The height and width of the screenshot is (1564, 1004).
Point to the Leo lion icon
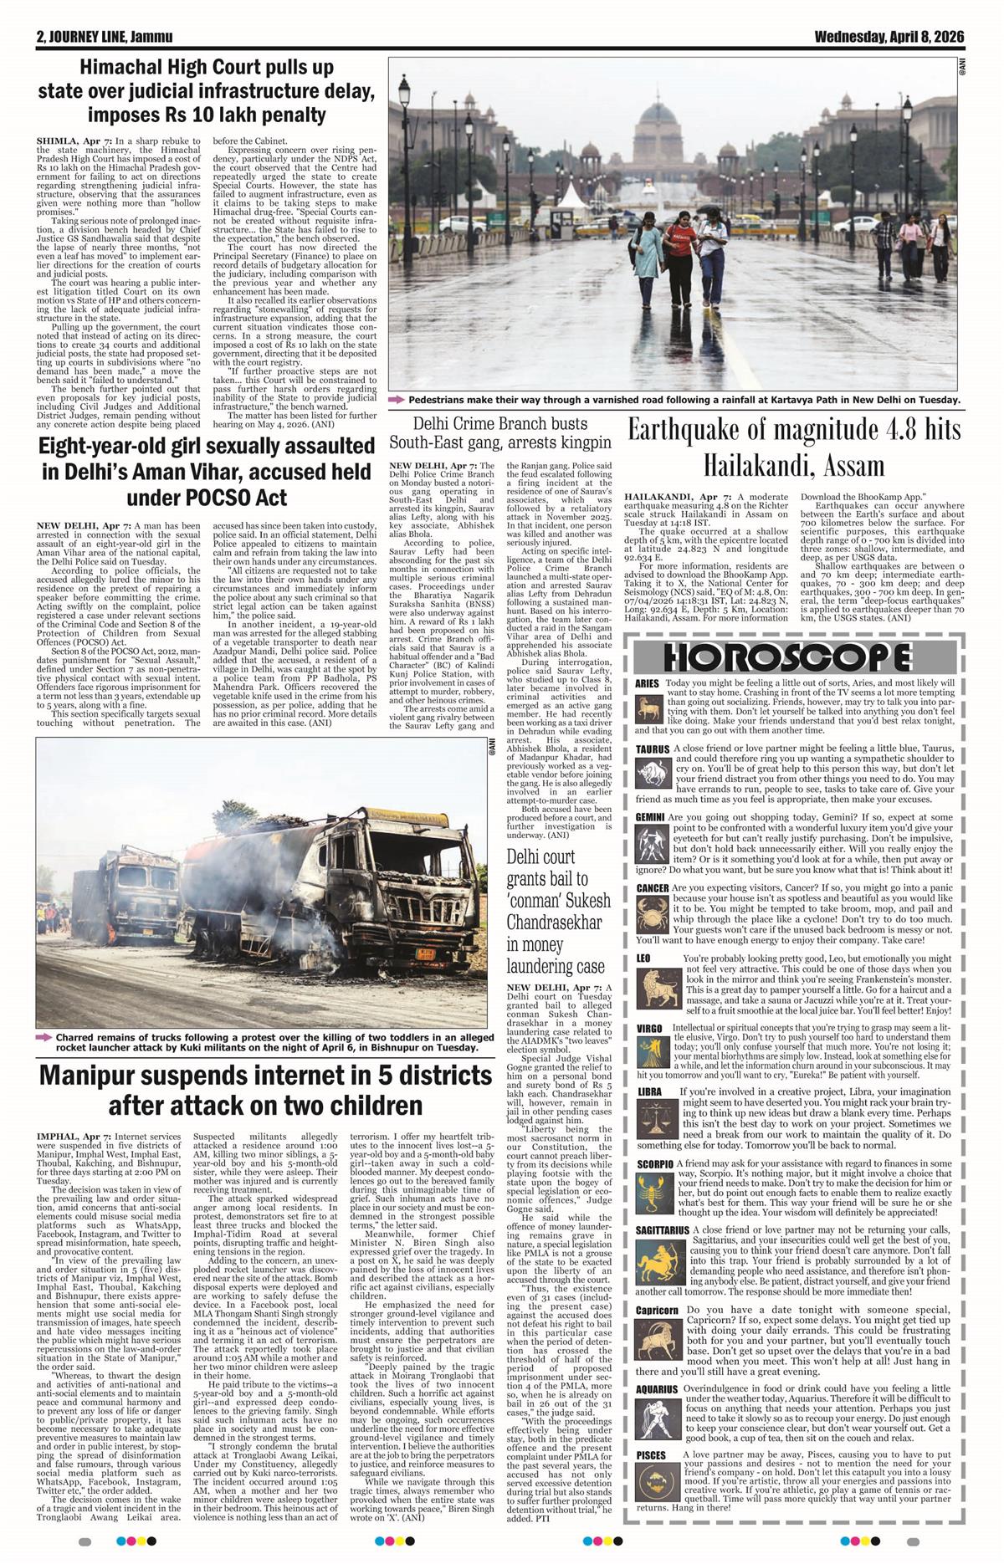pyautogui.click(x=651, y=981)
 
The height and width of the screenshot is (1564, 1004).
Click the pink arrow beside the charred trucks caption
pyautogui.click(x=44, y=1038)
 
